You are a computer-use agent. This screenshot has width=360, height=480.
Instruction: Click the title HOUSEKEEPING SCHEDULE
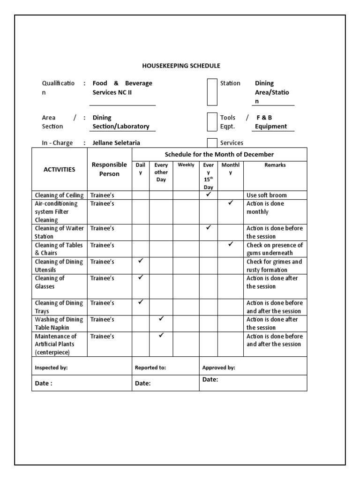tap(181, 66)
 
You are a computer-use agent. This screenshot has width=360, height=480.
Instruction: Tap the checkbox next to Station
tap(212, 92)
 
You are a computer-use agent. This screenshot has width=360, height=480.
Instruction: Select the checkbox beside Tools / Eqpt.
tap(212, 122)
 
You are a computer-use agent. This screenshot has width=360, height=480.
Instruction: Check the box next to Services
tap(212, 143)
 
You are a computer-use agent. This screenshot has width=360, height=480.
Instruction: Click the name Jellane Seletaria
tap(116, 143)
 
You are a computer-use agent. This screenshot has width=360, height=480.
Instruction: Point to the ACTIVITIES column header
tap(59, 169)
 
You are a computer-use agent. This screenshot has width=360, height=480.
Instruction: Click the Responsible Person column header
tap(109, 169)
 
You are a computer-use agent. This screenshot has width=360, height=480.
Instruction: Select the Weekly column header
tap(186, 165)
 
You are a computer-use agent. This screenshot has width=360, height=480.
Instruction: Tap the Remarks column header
tap(275, 165)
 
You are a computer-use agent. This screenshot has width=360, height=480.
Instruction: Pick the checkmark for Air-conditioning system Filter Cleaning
tap(231, 203)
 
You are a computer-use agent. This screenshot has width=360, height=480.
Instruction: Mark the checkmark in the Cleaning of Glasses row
tap(141, 277)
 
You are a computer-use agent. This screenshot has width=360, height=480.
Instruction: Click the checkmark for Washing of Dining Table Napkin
tap(161, 319)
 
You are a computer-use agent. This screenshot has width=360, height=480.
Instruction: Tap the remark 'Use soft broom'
tap(266, 195)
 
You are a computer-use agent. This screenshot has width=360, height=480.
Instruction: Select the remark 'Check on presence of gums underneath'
tap(275, 249)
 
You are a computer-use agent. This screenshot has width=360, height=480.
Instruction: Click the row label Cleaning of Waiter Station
tap(59, 232)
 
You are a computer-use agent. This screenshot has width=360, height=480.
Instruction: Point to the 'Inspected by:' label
tap(51, 368)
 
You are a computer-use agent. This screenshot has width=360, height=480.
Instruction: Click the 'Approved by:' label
tap(218, 368)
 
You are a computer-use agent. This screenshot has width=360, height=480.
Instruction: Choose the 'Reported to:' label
tap(150, 368)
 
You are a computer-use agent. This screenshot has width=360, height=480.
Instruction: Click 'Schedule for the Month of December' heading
tap(219, 154)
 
